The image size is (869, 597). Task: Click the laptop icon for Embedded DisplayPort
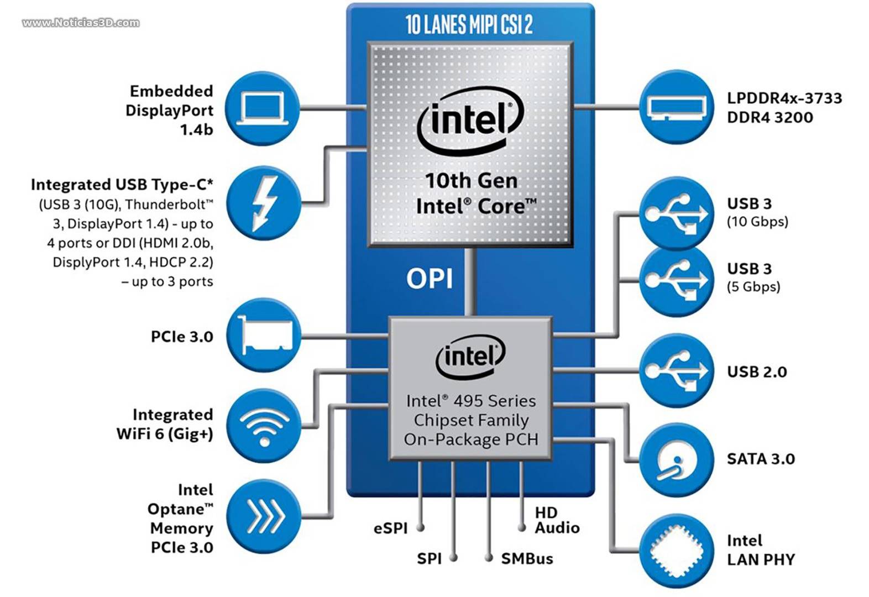[263, 109]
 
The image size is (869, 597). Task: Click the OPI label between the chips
[430, 279]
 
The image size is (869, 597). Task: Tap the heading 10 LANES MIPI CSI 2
[469, 25]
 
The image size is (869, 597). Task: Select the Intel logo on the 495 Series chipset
[470, 357]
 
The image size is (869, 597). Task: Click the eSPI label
[390, 528]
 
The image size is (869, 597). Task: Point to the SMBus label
[527, 559]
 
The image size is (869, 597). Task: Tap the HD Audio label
[556, 520]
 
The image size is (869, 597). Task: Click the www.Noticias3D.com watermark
[81, 23]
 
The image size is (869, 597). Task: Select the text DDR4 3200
[769, 117]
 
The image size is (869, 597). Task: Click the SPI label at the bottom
[429, 559]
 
